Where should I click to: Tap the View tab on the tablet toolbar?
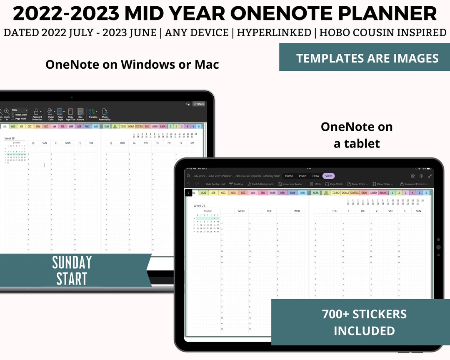(x=328, y=176)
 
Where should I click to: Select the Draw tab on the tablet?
(x=316, y=176)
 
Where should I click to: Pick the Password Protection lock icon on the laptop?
(x=37, y=112)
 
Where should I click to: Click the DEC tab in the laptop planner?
(x=46, y=126)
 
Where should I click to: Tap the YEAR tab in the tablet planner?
(x=315, y=193)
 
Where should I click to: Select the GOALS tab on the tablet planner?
(x=345, y=193)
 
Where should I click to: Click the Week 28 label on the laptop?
(x=10, y=138)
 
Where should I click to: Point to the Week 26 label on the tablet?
(x=200, y=206)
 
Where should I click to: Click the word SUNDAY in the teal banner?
(x=72, y=263)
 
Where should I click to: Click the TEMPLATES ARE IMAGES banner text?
(x=367, y=58)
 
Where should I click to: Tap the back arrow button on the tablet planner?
(x=189, y=193)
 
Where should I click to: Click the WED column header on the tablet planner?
(x=297, y=211)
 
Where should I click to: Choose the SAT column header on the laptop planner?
(x=192, y=143)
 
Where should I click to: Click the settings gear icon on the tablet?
(x=421, y=176)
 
